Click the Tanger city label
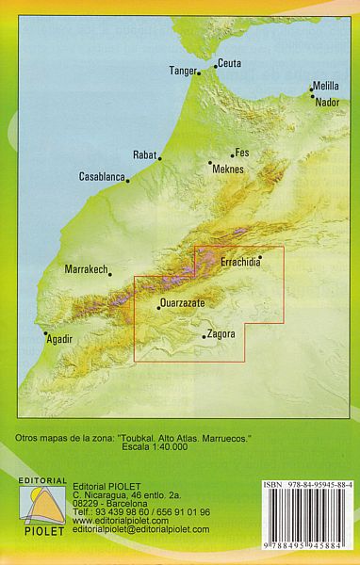click(x=185, y=71)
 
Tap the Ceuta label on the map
click(x=230, y=64)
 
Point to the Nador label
click(x=327, y=102)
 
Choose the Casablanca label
click(x=101, y=176)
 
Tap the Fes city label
click(x=242, y=153)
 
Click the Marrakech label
click(x=85, y=269)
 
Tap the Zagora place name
click(x=220, y=333)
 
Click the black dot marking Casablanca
click(x=127, y=179)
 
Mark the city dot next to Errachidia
click(x=259, y=255)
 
